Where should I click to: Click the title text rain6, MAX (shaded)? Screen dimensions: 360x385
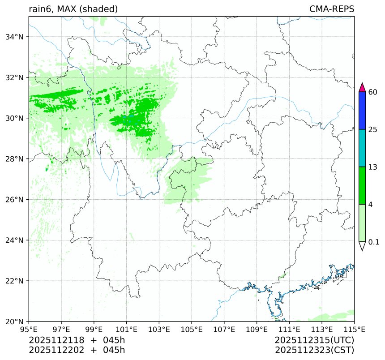[x=73, y=9]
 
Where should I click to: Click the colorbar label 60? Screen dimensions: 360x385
[x=373, y=92]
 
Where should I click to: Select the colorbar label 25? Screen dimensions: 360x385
[x=373, y=130]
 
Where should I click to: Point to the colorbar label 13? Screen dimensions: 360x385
[x=373, y=167]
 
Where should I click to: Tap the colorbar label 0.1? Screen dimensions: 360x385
[x=374, y=242]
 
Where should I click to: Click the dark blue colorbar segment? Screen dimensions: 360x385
[x=363, y=111]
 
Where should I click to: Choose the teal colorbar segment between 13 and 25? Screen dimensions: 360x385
[x=363, y=148]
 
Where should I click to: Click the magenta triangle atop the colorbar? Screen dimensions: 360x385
[x=363, y=87]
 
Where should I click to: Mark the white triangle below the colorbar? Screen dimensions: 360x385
[x=363, y=246]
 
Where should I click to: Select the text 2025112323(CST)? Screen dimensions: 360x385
[x=315, y=350]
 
